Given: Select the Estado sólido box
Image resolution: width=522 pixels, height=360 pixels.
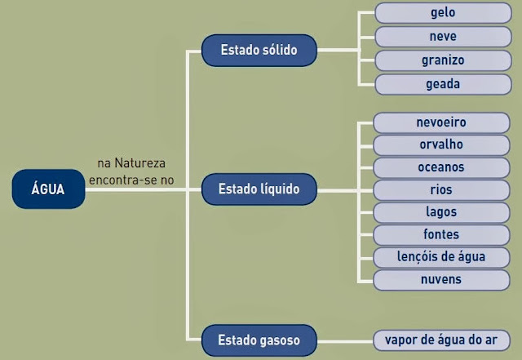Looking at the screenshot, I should tap(258, 51).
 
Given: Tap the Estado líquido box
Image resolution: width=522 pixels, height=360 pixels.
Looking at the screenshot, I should tap(259, 189).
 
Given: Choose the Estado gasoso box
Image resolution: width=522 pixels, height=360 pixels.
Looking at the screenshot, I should tap(259, 339).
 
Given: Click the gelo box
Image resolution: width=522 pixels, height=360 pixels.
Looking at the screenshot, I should tap(443, 13).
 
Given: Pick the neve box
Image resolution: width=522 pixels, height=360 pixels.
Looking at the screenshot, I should tap(443, 37).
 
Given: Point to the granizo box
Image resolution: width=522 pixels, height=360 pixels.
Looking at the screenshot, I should tap(443, 60).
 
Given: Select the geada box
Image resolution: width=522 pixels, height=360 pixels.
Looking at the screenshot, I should tap(443, 83).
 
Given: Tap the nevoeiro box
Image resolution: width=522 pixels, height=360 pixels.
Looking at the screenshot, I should tap(441, 122).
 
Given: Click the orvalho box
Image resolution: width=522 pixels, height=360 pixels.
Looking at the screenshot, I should tap(441, 144).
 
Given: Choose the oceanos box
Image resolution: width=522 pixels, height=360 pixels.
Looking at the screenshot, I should tap(441, 167).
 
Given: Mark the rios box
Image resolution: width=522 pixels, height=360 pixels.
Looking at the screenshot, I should tap(441, 189).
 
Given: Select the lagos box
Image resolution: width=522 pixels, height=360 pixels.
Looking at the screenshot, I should tap(441, 212).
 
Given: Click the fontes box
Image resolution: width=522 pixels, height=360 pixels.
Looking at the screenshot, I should tap(441, 235).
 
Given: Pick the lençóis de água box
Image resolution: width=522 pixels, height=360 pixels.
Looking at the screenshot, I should tap(441, 257).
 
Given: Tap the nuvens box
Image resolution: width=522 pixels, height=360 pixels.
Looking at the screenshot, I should tap(441, 280).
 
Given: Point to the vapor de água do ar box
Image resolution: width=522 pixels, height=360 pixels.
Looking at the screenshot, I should tap(441, 339).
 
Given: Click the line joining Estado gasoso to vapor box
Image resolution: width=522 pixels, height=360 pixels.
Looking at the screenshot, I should tap(343, 339).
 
